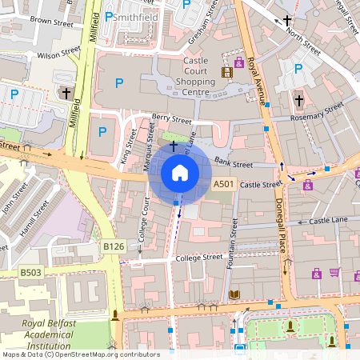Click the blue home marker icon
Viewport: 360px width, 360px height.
(x=180, y=172)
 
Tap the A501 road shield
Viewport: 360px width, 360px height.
(x=224, y=185)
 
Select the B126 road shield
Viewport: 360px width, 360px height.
(x=113, y=248)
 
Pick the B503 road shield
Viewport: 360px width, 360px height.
(x=30, y=273)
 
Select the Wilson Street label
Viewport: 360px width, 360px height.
(x=58, y=56)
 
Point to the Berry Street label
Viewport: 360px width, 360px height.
(x=171, y=121)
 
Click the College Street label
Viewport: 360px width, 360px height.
(x=199, y=258)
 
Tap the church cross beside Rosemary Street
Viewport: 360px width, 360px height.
(x=298, y=101)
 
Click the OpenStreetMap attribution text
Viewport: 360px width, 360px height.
(x=80, y=354)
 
